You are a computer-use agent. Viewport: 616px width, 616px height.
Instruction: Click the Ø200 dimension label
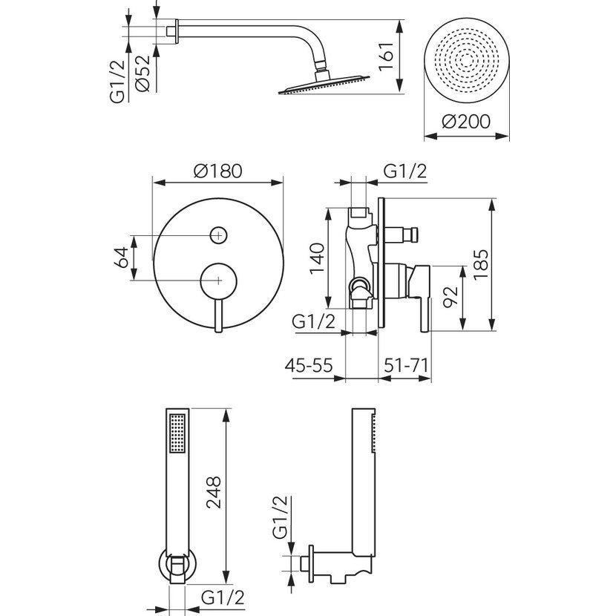point(466,122)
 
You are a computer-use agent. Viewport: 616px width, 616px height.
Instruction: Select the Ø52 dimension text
point(145,74)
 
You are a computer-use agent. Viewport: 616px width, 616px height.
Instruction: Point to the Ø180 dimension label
point(217,170)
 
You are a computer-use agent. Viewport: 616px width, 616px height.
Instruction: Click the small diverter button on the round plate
point(218,235)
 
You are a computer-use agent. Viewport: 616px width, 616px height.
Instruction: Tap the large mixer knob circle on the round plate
point(218,280)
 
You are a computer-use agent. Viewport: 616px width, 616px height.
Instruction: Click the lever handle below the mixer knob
point(218,315)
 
